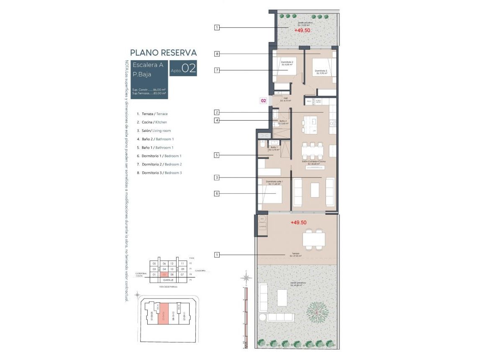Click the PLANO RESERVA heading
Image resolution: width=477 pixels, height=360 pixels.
click(x=163, y=53)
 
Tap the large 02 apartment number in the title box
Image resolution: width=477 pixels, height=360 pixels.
click(x=189, y=69)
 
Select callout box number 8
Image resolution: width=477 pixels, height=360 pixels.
click(x=217, y=54)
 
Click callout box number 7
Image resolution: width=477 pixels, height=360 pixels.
click(x=217, y=70)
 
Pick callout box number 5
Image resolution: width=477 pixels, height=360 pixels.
click(x=217, y=155)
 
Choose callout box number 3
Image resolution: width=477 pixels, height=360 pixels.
click(x=217, y=177)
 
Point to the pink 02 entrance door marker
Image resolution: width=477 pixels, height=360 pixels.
click(x=264, y=100)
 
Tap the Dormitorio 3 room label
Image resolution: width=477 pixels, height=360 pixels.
click(x=321, y=72)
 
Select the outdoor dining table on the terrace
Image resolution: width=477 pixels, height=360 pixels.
click(x=314, y=239)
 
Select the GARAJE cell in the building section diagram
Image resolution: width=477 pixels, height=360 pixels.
click(x=169, y=280)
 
